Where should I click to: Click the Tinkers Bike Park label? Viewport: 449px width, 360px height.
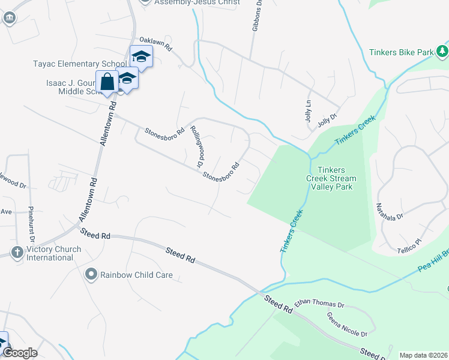pyautogui.click(x=401, y=52)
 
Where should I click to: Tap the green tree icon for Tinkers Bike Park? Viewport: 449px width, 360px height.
pyautogui.click(x=442, y=51)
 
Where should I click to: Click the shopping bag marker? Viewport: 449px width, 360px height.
pyautogui.click(x=107, y=82)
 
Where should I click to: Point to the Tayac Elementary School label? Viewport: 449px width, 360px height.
pyautogui.click(x=80, y=63)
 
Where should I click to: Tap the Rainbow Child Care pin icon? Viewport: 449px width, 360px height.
pyautogui.click(x=91, y=275)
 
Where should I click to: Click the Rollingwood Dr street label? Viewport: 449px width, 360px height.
pyautogui.click(x=196, y=146)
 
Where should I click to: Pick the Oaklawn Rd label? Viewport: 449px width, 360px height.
pyautogui.click(x=156, y=43)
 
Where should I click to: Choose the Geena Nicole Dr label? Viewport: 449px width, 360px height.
pyautogui.click(x=346, y=325)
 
